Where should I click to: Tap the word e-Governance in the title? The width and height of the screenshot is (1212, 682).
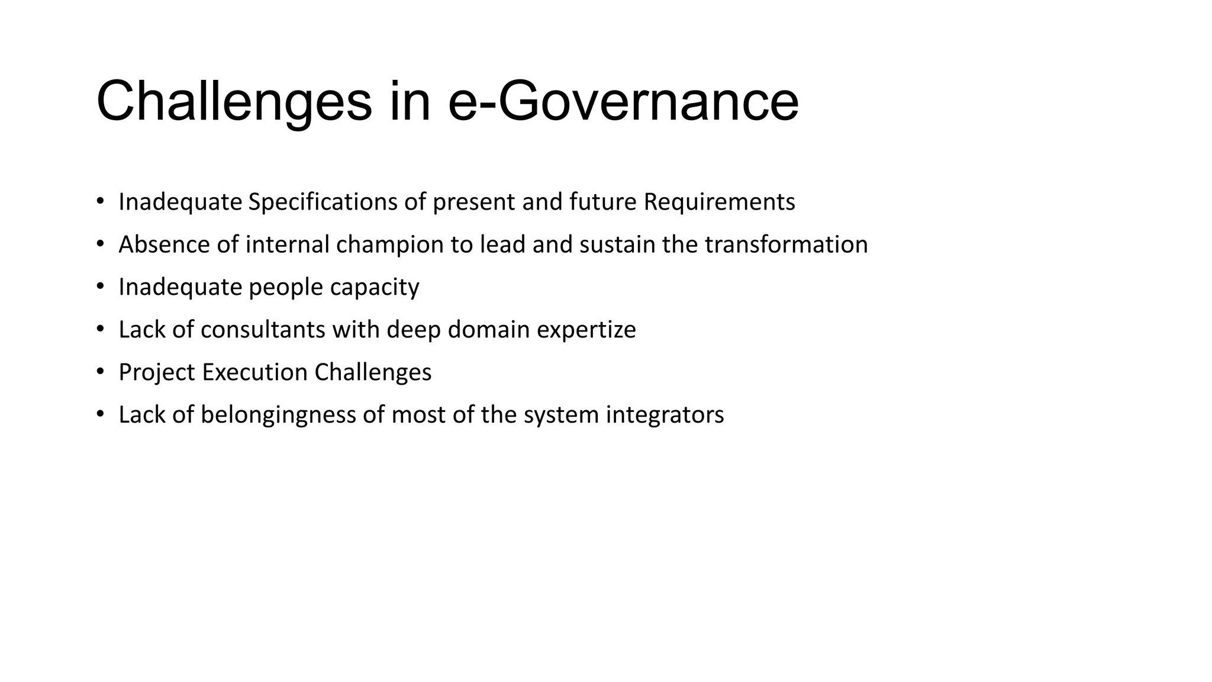click(x=623, y=102)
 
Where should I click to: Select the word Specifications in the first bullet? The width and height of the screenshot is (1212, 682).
click(x=323, y=202)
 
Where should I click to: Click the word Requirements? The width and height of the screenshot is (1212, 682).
click(x=719, y=202)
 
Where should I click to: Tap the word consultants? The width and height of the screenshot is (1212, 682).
click(x=263, y=330)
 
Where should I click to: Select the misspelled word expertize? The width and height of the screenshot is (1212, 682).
click(x=586, y=330)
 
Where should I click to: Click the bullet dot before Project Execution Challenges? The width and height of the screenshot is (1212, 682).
click(x=101, y=372)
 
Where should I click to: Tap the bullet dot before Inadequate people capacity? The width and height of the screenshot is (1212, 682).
click(x=101, y=287)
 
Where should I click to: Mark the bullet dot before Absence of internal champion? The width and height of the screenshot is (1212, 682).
click(x=101, y=244)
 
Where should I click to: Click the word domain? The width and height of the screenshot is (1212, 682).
click(x=489, y=330)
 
